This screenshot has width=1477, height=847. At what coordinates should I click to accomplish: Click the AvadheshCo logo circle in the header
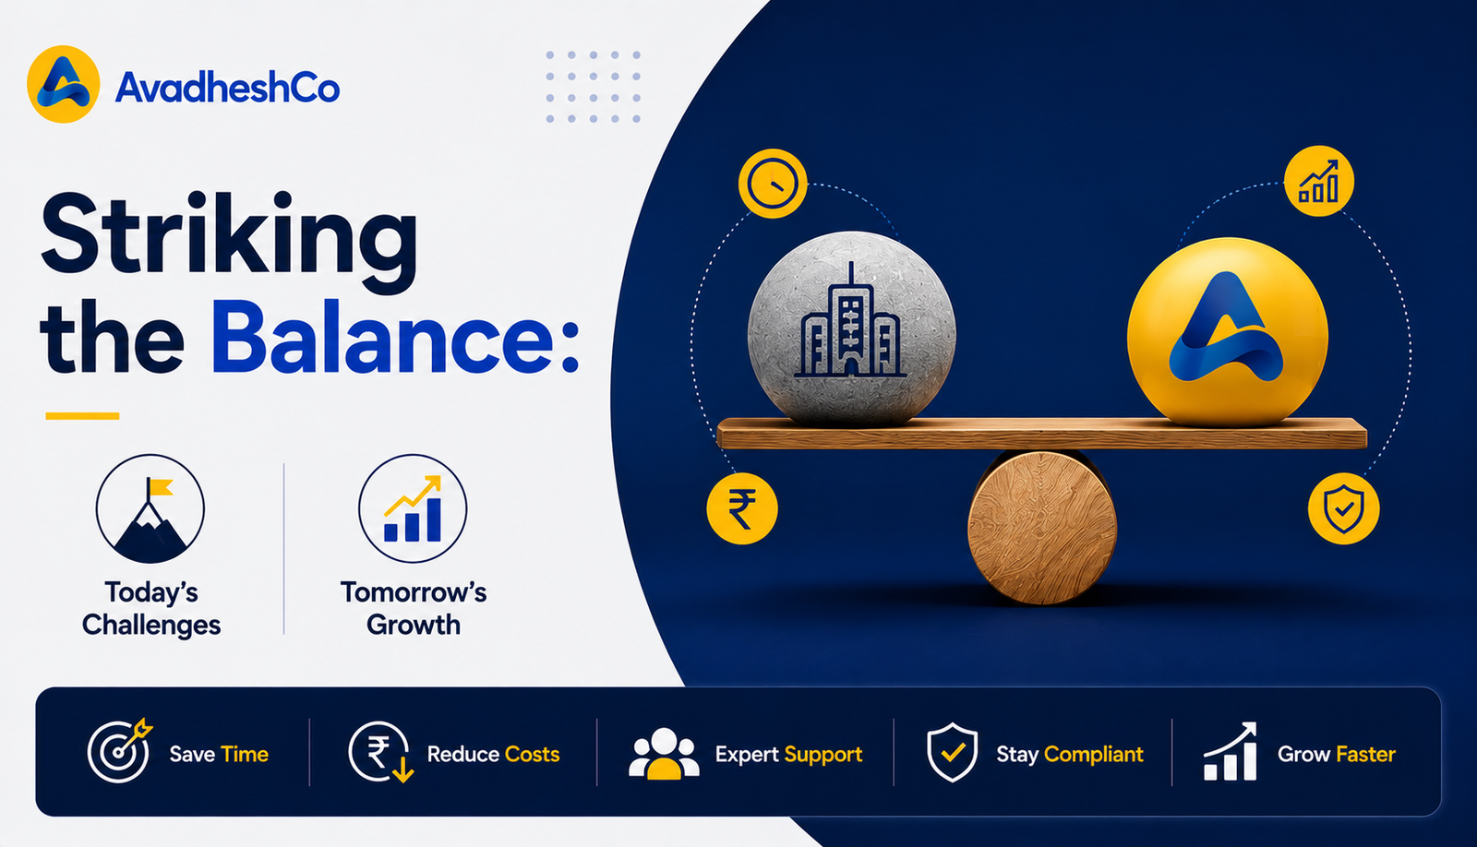[64, 84]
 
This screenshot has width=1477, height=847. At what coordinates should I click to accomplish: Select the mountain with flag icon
[150, 508]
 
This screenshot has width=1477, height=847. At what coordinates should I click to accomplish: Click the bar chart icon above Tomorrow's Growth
[413, 508]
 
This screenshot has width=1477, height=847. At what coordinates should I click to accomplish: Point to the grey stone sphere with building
[852, 328]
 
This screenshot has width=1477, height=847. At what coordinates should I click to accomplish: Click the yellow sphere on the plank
[1227, 331]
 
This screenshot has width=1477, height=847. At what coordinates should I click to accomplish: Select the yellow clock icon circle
[773, 184]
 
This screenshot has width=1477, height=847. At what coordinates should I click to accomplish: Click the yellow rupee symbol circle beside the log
[742, 508]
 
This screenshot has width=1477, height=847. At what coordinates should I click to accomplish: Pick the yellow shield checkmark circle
[1344, 508]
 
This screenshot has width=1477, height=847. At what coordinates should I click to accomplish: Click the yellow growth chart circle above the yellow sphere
[1319, 181]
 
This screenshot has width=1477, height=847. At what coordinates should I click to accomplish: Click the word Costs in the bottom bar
[532, 754]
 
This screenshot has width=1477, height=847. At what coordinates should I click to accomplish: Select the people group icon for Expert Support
[664, 754]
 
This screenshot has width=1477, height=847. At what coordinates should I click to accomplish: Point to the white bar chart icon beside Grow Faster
[1231, 751]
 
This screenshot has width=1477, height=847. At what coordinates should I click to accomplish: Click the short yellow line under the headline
[82, 416]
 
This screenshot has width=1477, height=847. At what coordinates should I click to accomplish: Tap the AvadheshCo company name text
[227, 88]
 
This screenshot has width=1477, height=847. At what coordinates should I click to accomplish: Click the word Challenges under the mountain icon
[151, 625]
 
